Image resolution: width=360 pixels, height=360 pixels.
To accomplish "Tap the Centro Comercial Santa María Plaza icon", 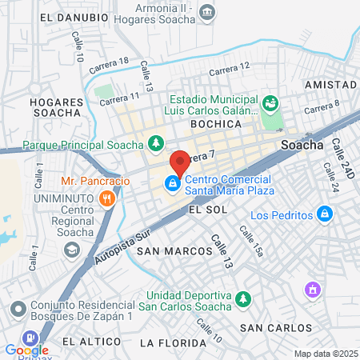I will [x=171, y=185].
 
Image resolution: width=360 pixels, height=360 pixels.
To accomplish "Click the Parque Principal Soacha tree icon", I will [x=157, y=144].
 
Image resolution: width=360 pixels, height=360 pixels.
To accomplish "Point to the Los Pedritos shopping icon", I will [x=324, y=214].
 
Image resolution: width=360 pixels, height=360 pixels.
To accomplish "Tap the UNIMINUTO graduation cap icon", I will [x=73, y=250].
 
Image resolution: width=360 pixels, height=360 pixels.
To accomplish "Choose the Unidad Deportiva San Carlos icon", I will [x=244, y=299].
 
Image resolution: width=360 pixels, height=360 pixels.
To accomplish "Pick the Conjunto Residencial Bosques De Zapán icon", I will [x=18, y=306].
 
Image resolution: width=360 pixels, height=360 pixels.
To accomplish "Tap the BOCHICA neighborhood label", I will [x=216, y=124].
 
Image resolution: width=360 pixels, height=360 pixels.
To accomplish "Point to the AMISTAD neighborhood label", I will [x=330, y=85].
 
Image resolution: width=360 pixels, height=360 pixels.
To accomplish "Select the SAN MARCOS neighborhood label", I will [x=174, y=250].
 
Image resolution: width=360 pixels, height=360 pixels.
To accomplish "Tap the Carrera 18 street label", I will [x=109, y=66].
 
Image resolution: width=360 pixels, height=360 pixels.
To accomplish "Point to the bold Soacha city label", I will [x=302, y=146].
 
